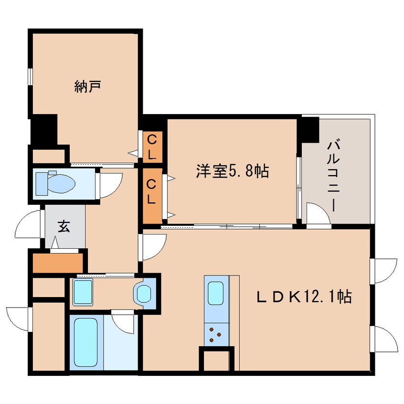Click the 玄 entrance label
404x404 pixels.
[x=64, y=226]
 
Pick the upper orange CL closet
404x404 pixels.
[x=153, y=147]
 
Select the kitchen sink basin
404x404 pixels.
[x=216, y=292]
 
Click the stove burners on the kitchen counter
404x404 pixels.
[x=216, y=334]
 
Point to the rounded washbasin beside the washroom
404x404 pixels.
[x=144, y=293]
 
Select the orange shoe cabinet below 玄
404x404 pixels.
[x=58, y=262]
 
